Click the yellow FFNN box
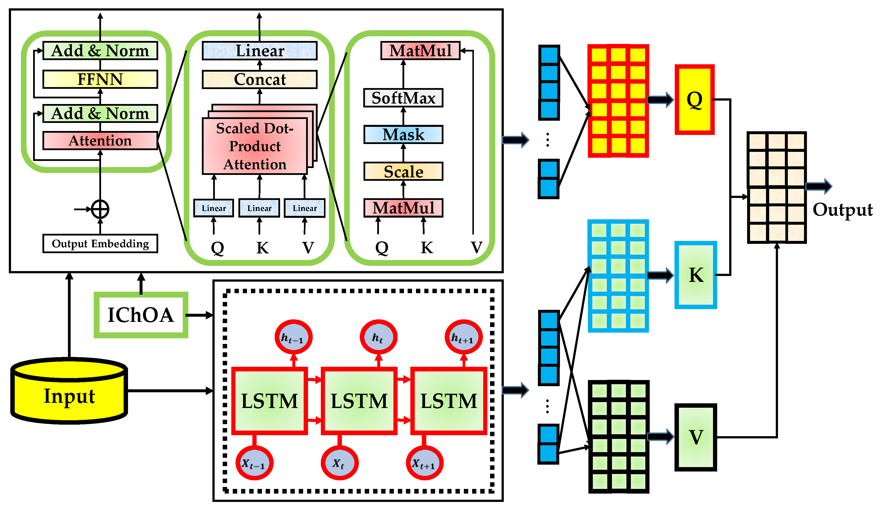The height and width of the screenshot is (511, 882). pos(100,79)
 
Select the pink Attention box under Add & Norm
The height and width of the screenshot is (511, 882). pos(100,141)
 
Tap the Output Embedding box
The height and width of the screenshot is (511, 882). pos(100,244)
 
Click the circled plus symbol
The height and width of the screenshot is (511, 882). pos(100,209)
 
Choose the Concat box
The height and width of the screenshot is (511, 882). pos(260,79)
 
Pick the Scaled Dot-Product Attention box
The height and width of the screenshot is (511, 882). pos(255,146)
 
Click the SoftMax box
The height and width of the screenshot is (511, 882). pos(403,98)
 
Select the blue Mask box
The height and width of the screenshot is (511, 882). pos(403,134)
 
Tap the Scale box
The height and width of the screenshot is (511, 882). pos(403,171)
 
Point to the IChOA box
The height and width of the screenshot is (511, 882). pos(141,315)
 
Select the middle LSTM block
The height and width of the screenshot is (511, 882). pos(359,401)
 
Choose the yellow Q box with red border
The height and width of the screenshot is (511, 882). pos(694,99)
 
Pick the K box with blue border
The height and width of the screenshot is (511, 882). pos(696,275)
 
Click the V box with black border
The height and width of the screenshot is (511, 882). pos(696,437)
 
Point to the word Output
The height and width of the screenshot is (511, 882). pos(843,210)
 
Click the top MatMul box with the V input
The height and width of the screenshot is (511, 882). pos(420,50)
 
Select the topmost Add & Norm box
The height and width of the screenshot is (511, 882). pos(100,51)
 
